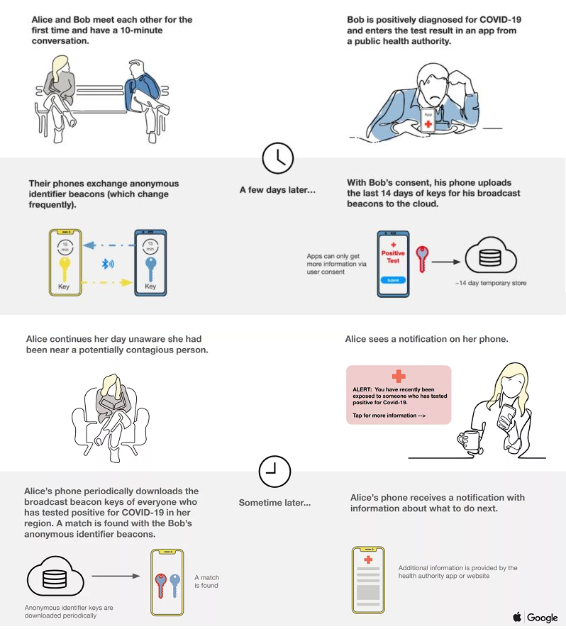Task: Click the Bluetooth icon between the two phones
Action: (x=108, y=264)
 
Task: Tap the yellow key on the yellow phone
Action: (x=65, y=269)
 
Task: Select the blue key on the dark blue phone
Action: (x=150, y=269)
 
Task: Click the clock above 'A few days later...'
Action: (x=277, y=158)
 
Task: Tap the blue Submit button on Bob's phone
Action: (x=393, y=280)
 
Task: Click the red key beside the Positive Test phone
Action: (x=422, y=259)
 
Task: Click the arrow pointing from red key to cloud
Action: (x=446, y=262)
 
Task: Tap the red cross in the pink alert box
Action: (x=399, y=377)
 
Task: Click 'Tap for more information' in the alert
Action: (x=389, y=416)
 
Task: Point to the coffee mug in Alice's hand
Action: (x=468, y=440)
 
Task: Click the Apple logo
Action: (x=517, y=616)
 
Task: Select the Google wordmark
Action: (x=543, y=618)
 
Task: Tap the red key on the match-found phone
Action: (x=160, y=586)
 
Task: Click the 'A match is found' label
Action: (x=206, y=581)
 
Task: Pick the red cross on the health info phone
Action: (x=368, y=560)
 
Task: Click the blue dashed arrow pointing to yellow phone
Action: (x=109, y=245)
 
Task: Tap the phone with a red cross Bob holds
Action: (x=428, y=120)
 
